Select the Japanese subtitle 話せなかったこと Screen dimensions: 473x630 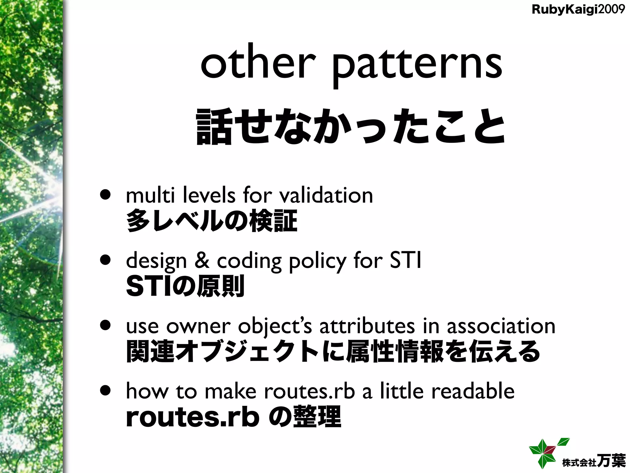[350, 127]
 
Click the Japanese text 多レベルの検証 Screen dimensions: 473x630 [212, 220]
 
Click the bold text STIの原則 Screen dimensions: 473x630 [185, 286]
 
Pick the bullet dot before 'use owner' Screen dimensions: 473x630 [106, 326]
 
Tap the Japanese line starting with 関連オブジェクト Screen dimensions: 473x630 [333, 351]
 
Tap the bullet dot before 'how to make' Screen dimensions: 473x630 [106, 391]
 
